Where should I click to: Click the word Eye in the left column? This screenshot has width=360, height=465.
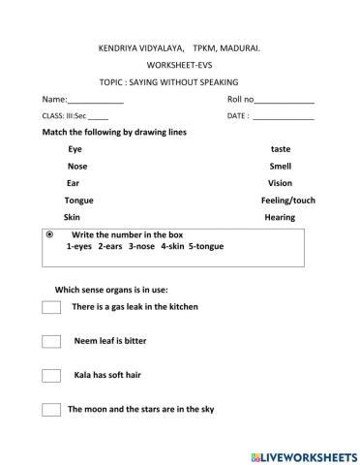[x=75, y=149]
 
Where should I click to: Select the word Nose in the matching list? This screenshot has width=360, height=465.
[x=77, y=166]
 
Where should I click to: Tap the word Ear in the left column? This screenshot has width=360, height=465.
[x=73, y=182]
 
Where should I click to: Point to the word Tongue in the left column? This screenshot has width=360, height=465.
[x=78, y=200]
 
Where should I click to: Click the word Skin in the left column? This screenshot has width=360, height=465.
[x=73, y=217]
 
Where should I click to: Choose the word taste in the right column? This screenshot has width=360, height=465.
[x=280, y=149]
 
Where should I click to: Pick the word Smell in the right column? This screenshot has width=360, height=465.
[x=280, y=166]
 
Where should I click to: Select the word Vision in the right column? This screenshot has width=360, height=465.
[x=280, y=182]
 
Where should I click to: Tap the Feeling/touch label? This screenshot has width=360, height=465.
[x=288, y=200]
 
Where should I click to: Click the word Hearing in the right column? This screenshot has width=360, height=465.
[x=280, y=217]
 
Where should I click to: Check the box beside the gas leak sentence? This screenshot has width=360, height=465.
[x=51, y=307]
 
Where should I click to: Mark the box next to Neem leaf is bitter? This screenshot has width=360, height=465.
[x=51, y=341]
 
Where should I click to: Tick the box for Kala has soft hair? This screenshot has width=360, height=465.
[x=51, y=375]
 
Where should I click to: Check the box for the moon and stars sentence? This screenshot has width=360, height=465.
[x=51, y=409]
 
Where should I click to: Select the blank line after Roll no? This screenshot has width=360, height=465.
[x=285, y=101]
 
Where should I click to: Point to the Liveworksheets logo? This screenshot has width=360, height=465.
[x=303, y=453]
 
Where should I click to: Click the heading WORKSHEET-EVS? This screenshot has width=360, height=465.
[x=179, y=64]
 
